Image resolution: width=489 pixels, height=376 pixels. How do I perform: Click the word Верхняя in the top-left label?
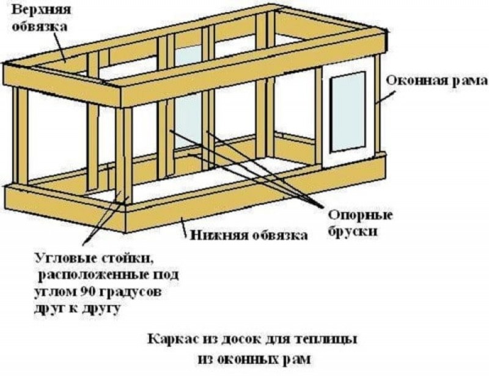point(41,9)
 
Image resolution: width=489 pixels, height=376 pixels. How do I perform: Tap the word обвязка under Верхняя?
point(39,26)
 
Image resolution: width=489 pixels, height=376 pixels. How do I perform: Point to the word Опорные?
point(361,215)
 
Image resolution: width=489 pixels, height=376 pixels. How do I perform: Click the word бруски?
point(353,232)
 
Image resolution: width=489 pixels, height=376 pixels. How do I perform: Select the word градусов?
point(131,293)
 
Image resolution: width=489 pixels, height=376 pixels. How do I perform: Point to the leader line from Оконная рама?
point(386,97)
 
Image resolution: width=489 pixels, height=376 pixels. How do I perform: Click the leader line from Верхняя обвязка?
point(60,46)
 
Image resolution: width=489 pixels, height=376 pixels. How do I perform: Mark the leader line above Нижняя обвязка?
point(185,227)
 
